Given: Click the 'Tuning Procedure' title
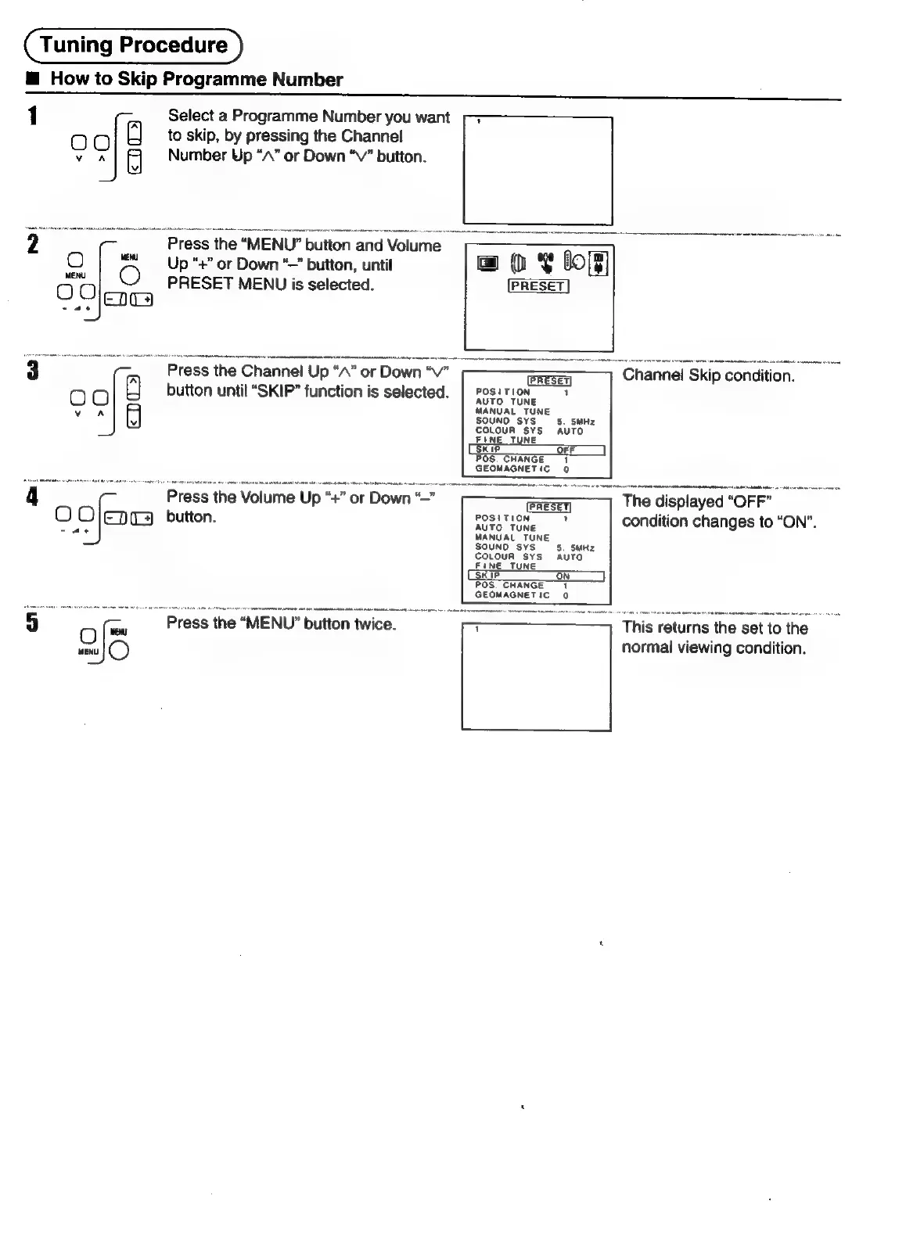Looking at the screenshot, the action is coord(134,45).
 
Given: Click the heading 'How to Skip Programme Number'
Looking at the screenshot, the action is coord(196,80).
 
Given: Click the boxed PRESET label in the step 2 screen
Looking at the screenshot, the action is coord(538,286).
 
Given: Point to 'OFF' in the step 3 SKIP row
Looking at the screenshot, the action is coord(566,451).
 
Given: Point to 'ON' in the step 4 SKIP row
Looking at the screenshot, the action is coord(563,576).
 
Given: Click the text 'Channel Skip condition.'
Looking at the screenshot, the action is coord(708,375).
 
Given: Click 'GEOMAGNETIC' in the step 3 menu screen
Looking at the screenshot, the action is coord(512,469).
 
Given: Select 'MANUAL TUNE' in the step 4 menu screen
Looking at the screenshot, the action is coord(512,537).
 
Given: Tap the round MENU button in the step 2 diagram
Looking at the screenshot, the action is coord(131,276).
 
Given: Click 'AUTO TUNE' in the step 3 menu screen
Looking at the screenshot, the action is coord(506,402).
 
